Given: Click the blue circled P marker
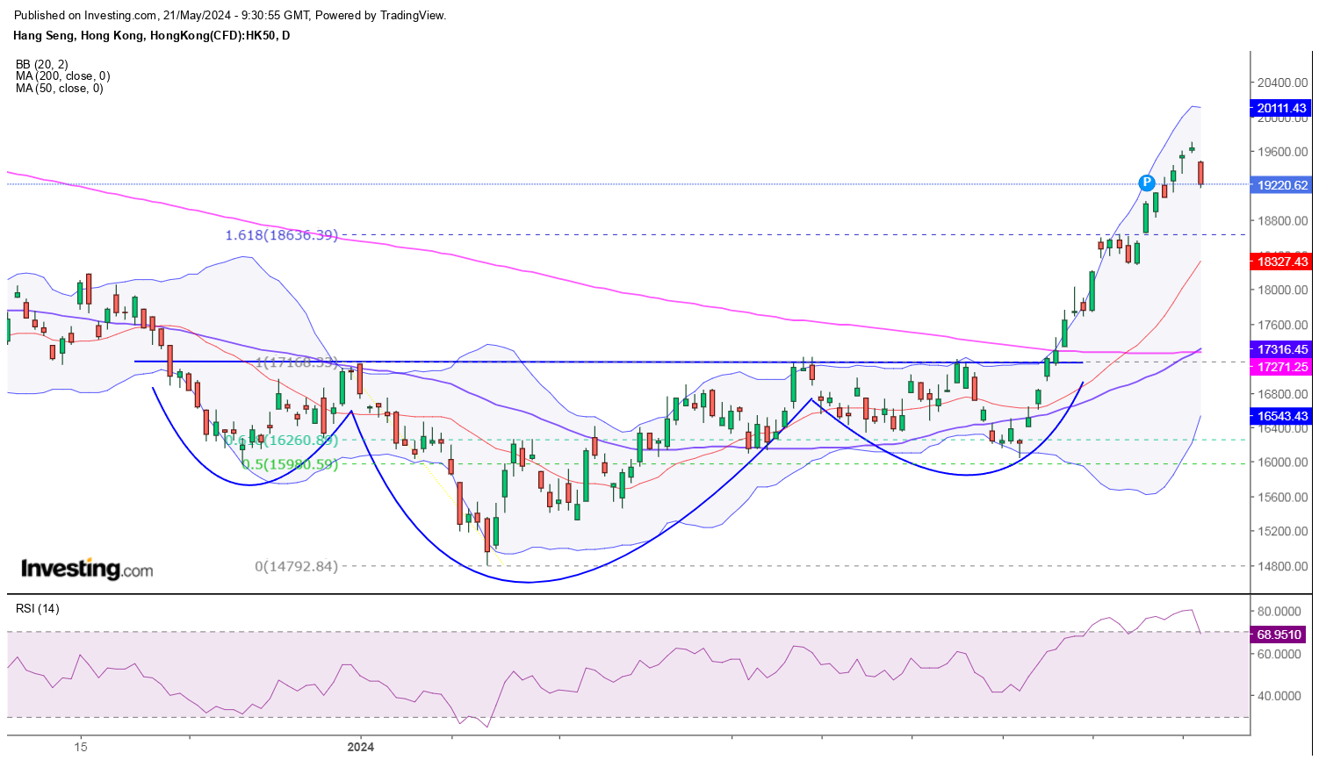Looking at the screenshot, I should coord(1146,183).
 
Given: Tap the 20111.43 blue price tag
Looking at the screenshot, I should coord(1281,109).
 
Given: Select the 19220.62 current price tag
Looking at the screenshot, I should coord(1281,185).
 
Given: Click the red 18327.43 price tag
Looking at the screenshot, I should coord(1281,262).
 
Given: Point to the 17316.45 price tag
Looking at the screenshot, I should coord(1281,349).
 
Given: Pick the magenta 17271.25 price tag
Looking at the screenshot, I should coord(1281,367).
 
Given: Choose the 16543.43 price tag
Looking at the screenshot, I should coord(1281,416).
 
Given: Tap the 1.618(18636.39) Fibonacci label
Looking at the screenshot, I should coord(281,235).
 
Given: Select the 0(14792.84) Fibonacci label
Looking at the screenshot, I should coord(296,567).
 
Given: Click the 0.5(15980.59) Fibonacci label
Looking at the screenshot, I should coord(289,464).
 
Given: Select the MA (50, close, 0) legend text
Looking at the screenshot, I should coord(59,89).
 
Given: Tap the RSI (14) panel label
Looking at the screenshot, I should coord(37,608).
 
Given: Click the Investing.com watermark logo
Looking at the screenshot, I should coord(86,570).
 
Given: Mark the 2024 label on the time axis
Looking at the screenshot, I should coord(360,747).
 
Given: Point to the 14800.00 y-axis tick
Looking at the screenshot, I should coord(1282,566).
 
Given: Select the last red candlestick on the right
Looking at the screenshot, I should coord(1200,173).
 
